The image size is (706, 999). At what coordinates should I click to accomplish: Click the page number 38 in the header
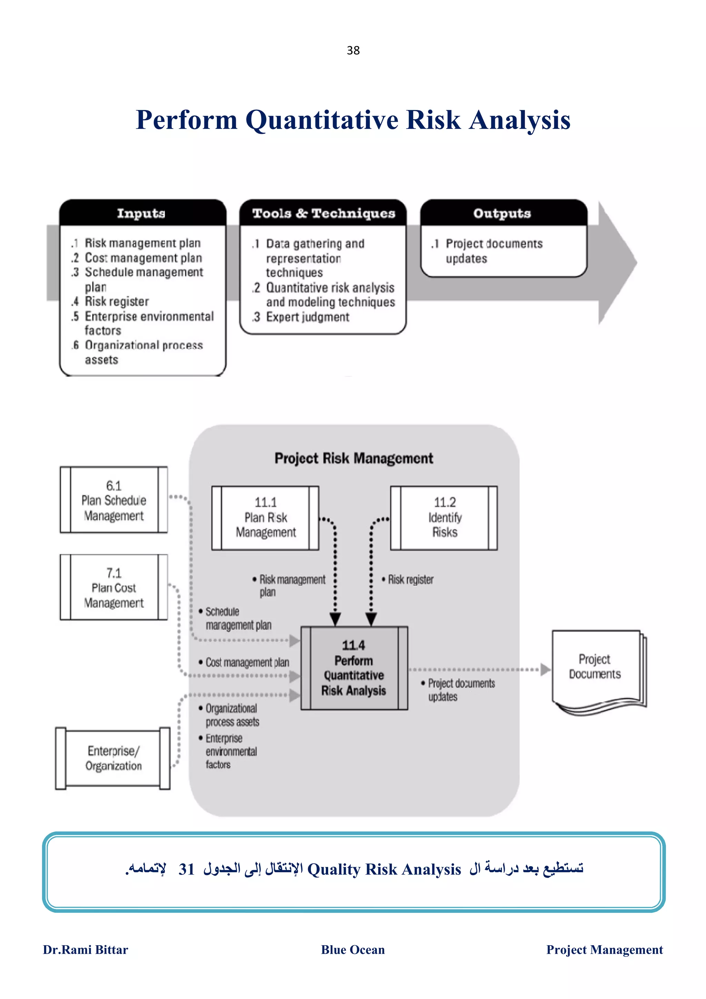pyautogui.click(x=353, y=50)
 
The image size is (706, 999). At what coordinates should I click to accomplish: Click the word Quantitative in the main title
pyautogui.click(x=322, y=120)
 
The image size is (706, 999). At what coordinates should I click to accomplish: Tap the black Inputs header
pyautogui.click(x=141, y=213)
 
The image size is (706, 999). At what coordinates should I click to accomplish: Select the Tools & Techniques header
pyautogui.click(x=323, y=213)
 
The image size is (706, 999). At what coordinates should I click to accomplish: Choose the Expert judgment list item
pyautogui.click(x=307, y=317)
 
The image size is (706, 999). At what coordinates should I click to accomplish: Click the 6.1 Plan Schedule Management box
pyautogui.click(x=113, y=500)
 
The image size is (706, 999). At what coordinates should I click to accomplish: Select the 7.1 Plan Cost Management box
pyautogui.click(x=113, y=587)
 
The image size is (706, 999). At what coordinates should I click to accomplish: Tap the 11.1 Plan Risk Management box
pyautogui.click(x=265, y=518)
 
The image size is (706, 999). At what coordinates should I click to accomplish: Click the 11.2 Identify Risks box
pyautogui.click(x=444, y=518)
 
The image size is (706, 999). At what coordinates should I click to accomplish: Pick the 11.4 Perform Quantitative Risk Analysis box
pyautogui.click(x=354, y=668)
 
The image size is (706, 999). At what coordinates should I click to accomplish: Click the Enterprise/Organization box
pyautogui.click(x=113, y=758)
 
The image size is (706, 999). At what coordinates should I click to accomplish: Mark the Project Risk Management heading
pyautogui.click(x=354, y=458)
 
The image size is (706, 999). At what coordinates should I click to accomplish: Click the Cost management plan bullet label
pyautogui.click(x=246, y=662)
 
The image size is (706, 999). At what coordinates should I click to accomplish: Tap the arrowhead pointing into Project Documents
pyautogui.click(x=545, y=670)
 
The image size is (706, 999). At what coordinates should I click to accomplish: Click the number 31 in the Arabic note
pyautogui.click(x=186, y=869)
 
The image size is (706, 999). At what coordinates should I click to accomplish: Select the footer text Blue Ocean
pyautogui.click(x=353, y=950)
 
